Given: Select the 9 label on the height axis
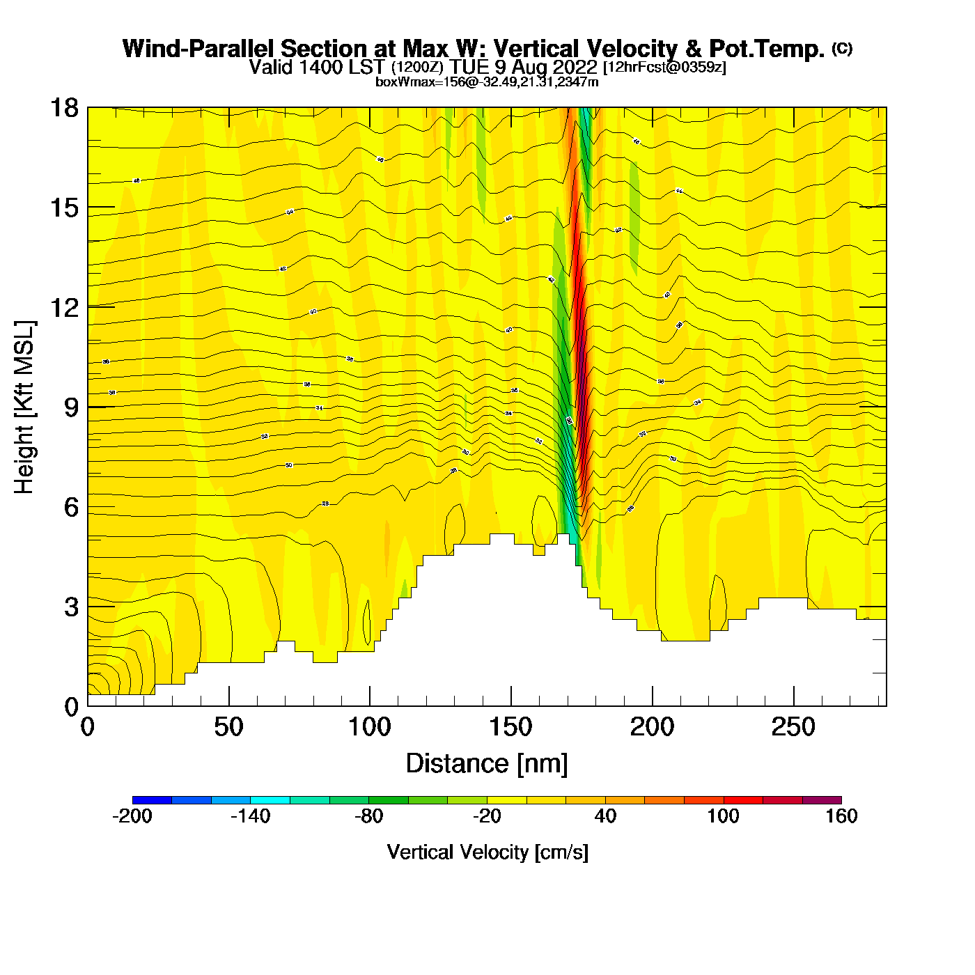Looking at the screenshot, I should (x=71, y=407).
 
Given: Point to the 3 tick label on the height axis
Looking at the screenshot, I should (x=71, y=607).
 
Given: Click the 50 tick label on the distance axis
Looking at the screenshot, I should (x=228, y=728).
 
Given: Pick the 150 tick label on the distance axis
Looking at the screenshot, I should (x=510, y=728).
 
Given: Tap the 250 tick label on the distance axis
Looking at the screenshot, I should (x=793, y=728).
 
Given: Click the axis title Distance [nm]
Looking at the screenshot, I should (x=487, y=764).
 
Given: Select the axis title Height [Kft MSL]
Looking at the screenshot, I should (x=24, y=407).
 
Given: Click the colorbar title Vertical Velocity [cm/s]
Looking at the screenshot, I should (x=487, y=852).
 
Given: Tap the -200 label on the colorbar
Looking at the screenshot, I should (x=132, y=816).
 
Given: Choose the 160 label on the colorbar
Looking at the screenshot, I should (x=841, y=816).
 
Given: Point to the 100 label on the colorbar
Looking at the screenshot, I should (x=723, y=816).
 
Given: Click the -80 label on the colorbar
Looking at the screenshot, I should (x=368, y=816).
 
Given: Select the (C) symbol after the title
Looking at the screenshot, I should (x=842, y=48).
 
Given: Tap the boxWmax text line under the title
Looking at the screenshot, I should (x=487, y=81).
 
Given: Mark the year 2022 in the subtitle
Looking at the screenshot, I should (x=572, y=67).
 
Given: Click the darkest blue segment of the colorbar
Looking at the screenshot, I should (x=152, y=800).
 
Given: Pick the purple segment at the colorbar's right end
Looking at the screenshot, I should (x=822, y=800).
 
